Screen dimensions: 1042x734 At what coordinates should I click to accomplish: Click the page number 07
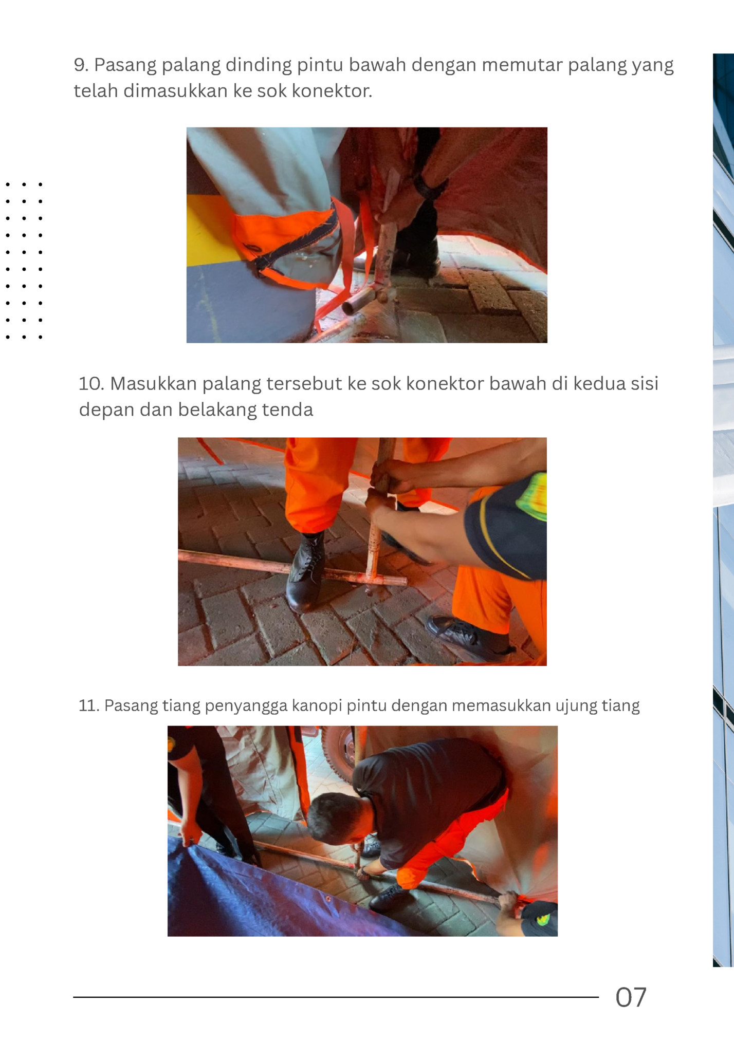pos(630,997)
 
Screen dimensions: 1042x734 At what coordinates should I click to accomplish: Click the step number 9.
pos(81,65)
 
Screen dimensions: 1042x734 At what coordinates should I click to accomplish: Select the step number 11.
pos(87,705)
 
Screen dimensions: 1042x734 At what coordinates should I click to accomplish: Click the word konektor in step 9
pos(332,91)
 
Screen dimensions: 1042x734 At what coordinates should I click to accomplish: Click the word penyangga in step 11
pos(246,705)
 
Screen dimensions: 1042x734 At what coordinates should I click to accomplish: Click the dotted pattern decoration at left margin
pos(24,260)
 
